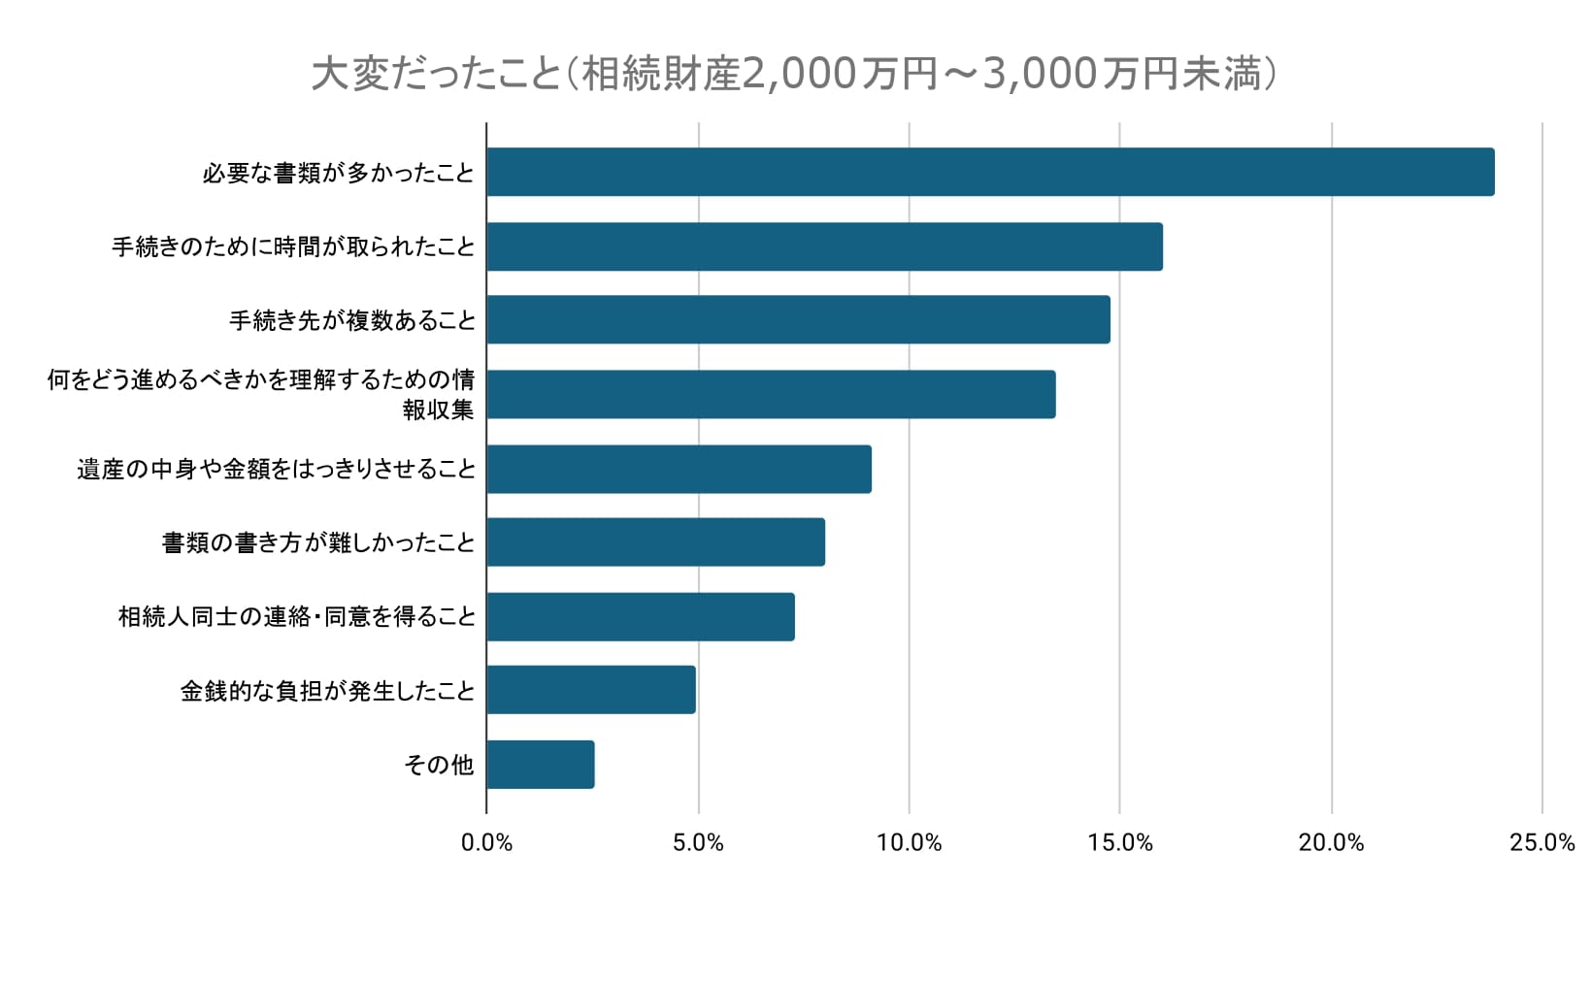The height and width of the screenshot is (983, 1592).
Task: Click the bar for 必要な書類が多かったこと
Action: (x=990, y=173)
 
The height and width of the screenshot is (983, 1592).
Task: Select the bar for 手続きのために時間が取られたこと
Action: (x=824, y=246)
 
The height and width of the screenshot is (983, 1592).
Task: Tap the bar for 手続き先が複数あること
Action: (x=798, y=320)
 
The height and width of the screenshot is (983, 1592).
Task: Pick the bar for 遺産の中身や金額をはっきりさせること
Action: (x=679, y=470)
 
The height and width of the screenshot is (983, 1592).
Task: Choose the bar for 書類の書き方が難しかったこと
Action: (x=655, y=542)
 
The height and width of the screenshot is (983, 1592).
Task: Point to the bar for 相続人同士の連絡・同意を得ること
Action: (x=641, y=617)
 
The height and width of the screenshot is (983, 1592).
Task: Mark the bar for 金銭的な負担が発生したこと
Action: (x=591, y=690)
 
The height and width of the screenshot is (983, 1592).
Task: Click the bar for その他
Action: (x=541, y=765)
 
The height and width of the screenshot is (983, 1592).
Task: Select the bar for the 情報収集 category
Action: (x=771, y=394)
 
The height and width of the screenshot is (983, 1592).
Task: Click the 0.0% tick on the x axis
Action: (x=486, y=842)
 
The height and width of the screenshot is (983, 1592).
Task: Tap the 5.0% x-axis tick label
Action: (x=698, y=842)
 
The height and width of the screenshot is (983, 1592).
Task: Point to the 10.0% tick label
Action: (x=909, y=842)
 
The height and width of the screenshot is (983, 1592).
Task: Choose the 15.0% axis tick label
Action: (x=1120, y=842)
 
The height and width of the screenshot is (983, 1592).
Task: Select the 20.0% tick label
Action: (x=1331, y=842)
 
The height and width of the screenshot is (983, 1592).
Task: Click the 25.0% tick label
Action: (x=1542, y=842)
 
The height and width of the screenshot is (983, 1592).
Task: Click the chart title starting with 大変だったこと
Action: (x=794, y=74)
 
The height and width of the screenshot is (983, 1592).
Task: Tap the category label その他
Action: (x=439, y=765)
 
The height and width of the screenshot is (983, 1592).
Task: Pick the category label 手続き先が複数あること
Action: (x=352, y=320)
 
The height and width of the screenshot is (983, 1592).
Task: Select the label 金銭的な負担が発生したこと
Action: (x=328, y=691)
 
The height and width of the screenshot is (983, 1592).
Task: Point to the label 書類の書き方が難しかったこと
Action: (x=318, y=542)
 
